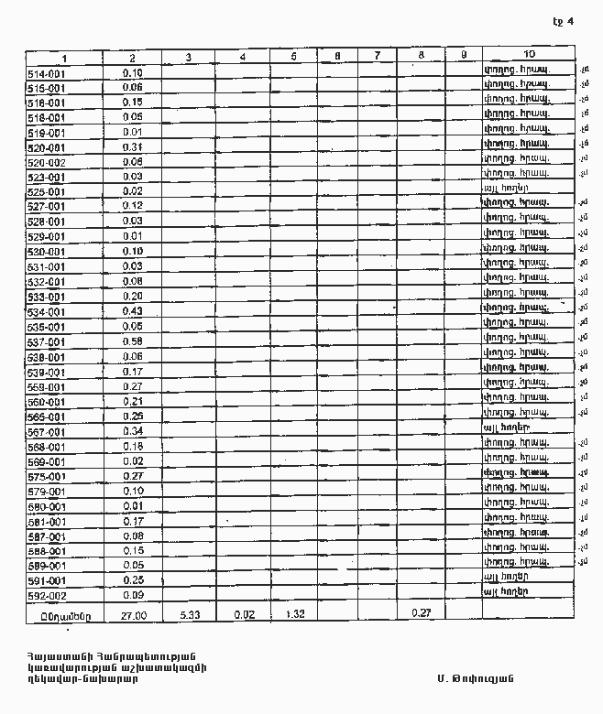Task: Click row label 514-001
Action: coord(47,72)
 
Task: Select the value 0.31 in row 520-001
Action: coord(133,147)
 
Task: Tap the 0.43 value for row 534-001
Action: coord(133,312)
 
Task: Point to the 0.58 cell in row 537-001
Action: coord(133,341)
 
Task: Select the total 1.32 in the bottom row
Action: coord(295,614)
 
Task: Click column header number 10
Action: coord(530,56)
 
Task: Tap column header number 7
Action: coord(377,56)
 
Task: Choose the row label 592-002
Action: coord(47,596)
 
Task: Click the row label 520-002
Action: coord(47,162)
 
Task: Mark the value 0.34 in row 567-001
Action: coord(133,431)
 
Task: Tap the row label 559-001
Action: coord(47,386)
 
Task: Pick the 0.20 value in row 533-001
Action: coord(133,297)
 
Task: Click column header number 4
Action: coord(242,56)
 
